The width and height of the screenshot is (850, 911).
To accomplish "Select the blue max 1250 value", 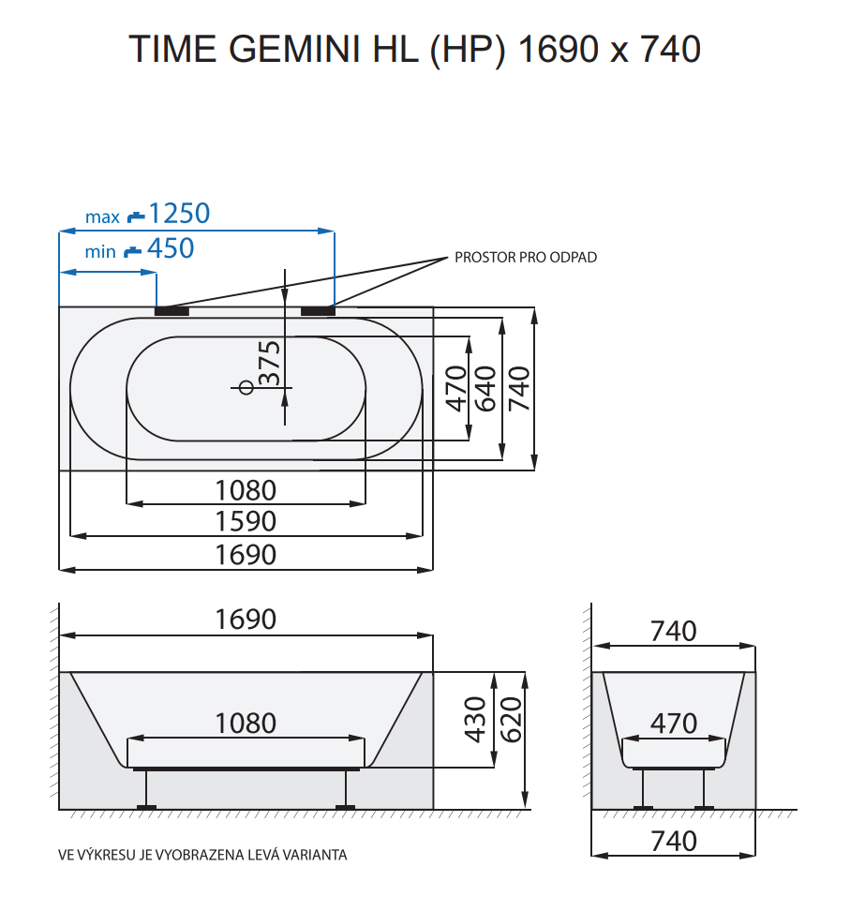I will pos(179,214).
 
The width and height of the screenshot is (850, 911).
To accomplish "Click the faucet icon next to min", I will pos(133,250).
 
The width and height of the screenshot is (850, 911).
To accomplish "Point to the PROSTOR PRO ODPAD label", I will pos(525,257).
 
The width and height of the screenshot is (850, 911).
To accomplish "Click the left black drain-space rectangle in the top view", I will pos(171,310).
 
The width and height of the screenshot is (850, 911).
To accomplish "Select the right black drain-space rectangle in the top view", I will pos(318,310).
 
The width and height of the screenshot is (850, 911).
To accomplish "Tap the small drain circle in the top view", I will pos(246,387).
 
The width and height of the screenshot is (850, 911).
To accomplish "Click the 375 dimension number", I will pos(269,364).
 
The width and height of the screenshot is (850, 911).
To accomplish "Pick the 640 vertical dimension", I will pos(485,388).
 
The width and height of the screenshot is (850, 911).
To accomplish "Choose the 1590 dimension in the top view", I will pos(246,521).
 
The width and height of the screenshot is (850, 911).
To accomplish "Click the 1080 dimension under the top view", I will pos(246,489).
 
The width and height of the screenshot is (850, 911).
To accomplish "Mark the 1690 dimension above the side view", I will pos(246,620).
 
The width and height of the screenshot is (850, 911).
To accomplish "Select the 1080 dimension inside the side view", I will pos(246,723).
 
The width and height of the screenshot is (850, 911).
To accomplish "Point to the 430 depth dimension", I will pos(476,720).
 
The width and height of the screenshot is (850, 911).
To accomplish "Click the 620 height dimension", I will pos(511,720).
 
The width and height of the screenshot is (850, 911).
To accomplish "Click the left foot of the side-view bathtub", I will pos(146,805).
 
